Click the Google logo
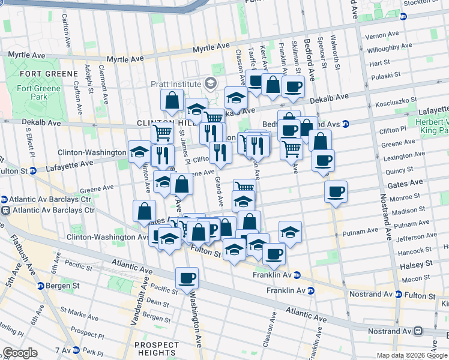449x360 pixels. [20, 353]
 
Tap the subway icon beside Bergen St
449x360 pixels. [40, 286]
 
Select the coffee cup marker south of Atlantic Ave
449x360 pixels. [187, 278]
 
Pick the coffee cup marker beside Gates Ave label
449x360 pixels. [336, 191]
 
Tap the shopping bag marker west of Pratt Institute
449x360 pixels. [172, 101]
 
